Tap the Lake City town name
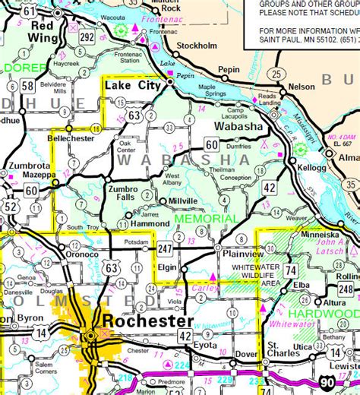[133, 88]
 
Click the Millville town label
[182, 201]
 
